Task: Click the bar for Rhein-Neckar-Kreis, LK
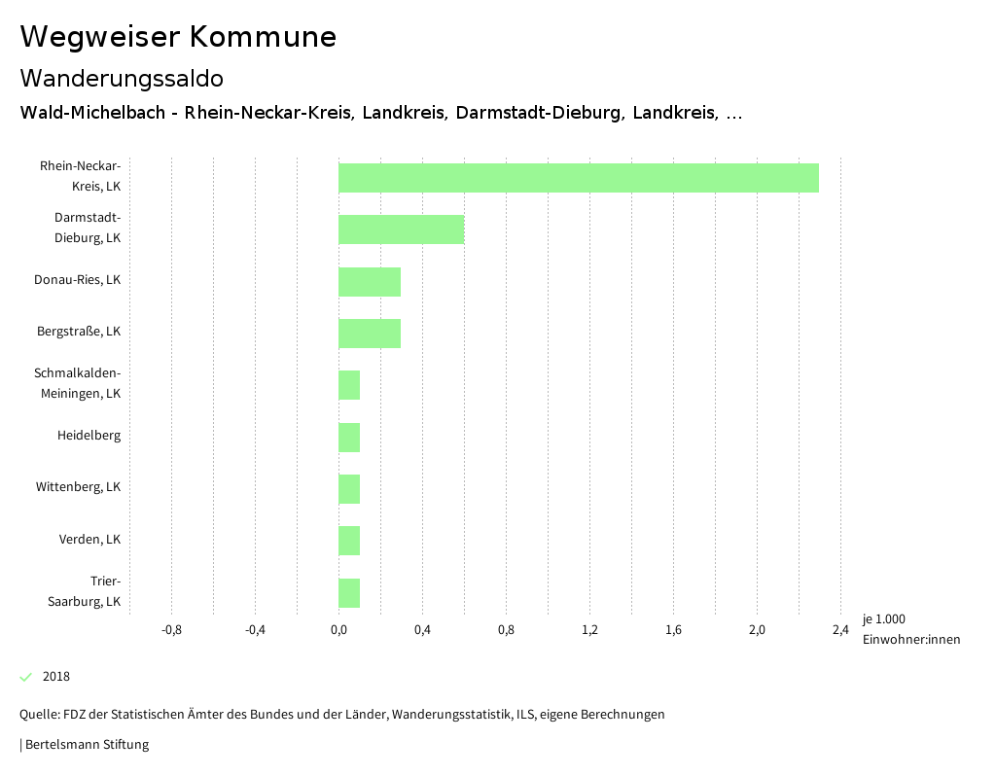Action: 579,178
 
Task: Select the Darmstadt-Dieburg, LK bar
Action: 402,229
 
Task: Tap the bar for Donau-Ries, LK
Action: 370,282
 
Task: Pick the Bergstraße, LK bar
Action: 370,334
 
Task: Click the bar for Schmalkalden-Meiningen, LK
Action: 349,385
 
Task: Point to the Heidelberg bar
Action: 349,438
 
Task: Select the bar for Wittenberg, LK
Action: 349,489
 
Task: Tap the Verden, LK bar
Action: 349,541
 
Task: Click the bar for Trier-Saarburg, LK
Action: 349,593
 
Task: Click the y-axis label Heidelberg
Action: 89,436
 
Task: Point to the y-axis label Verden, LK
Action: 89,540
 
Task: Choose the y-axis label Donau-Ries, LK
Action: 77,280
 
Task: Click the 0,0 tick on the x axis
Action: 338,630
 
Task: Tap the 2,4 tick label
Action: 840,630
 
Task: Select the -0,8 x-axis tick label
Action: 171,630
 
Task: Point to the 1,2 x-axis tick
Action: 589,630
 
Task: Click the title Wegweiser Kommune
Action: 178,37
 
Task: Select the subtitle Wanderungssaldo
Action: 122,78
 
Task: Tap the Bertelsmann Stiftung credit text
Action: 86,745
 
